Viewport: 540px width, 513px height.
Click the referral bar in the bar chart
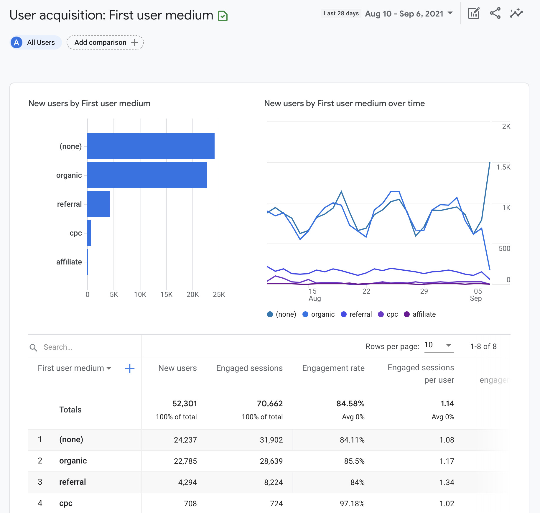[x=99, y=204]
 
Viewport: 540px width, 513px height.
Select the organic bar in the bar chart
[x=147, y=175]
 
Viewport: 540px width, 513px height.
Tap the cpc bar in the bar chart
[x=89, y=233]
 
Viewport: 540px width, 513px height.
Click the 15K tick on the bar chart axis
[x=166, y=295]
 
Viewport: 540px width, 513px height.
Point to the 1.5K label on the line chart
[x=503, y=167]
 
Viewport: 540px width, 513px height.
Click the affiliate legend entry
[x=420, y=314]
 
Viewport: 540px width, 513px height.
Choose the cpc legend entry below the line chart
[x=388, y=314]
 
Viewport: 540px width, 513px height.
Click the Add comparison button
[x=105, y=42]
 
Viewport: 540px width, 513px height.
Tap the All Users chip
[x=36, y=42]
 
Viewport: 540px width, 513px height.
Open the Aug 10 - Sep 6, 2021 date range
[x=409, y=14]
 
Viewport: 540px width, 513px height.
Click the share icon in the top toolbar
[x=495, y=13]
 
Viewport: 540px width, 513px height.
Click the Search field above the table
[x=85, y=347]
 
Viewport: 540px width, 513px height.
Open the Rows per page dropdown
[x=439, y=345]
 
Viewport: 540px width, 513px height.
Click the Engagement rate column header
[x=333, y=368]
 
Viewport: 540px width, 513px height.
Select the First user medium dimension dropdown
[x=74, y=368]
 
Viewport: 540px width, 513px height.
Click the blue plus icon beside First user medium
[x=130, y=368]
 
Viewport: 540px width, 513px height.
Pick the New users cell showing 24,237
[x=185, y=440]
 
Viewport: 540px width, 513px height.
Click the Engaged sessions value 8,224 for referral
[x=273, y=482]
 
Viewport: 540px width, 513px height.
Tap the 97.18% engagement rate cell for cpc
[x=352, y=504]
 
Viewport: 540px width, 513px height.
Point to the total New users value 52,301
[x=185, y=404]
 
